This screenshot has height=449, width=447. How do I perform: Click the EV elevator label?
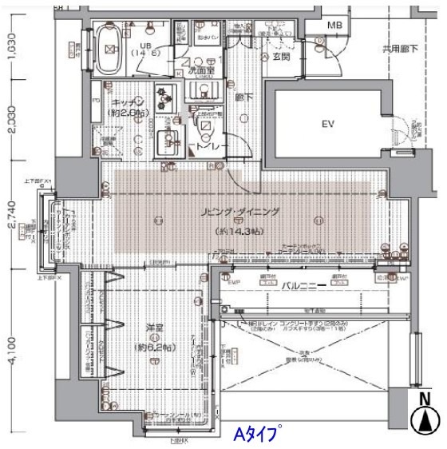click(x=327, y=124)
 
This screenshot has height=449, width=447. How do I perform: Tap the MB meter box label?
click(x=336, y=26)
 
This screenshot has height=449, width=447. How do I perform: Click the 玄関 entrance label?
click(x=281, y=57)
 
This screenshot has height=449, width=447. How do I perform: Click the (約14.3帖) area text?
click(x=240, y=231)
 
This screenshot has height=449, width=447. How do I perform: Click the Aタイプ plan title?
click(x=255, y=435)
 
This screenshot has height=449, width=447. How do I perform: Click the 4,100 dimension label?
click(x=11, y=348)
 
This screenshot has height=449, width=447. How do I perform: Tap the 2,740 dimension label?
click(x=11, y=223)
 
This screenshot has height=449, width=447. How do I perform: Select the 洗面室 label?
click(x=199, y=70)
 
